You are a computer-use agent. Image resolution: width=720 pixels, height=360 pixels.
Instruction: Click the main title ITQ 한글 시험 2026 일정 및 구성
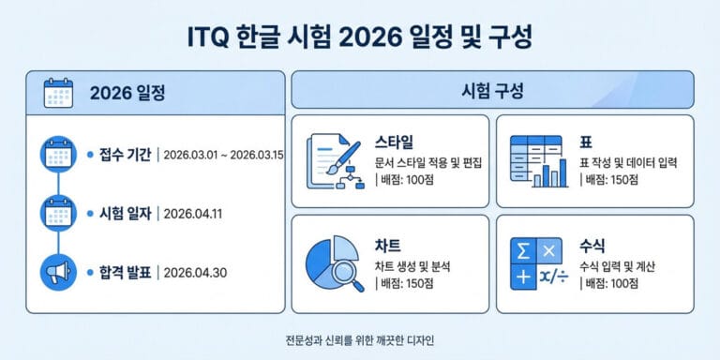[x=360, y=37]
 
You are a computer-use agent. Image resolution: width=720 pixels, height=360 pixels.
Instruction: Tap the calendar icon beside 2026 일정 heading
[x=59, y=94]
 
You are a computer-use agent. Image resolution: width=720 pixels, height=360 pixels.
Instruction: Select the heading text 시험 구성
[x=492, y=93]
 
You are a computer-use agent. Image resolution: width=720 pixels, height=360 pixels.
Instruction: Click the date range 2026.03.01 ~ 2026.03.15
[x=223, y=154]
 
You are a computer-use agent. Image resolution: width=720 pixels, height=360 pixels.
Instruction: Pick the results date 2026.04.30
[x=195, y=272]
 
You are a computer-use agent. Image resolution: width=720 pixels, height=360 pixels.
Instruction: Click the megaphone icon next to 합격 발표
[x=58, y=272]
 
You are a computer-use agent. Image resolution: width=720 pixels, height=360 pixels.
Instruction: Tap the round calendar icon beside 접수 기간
[x=58, y=154]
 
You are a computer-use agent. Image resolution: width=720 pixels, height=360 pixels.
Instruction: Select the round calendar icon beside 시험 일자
[x=58, y=213]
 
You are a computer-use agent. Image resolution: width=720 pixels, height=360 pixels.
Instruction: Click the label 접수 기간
[x=125, y=154]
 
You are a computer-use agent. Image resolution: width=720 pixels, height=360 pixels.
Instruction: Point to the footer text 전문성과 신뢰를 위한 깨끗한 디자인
[x=360, y=339]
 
